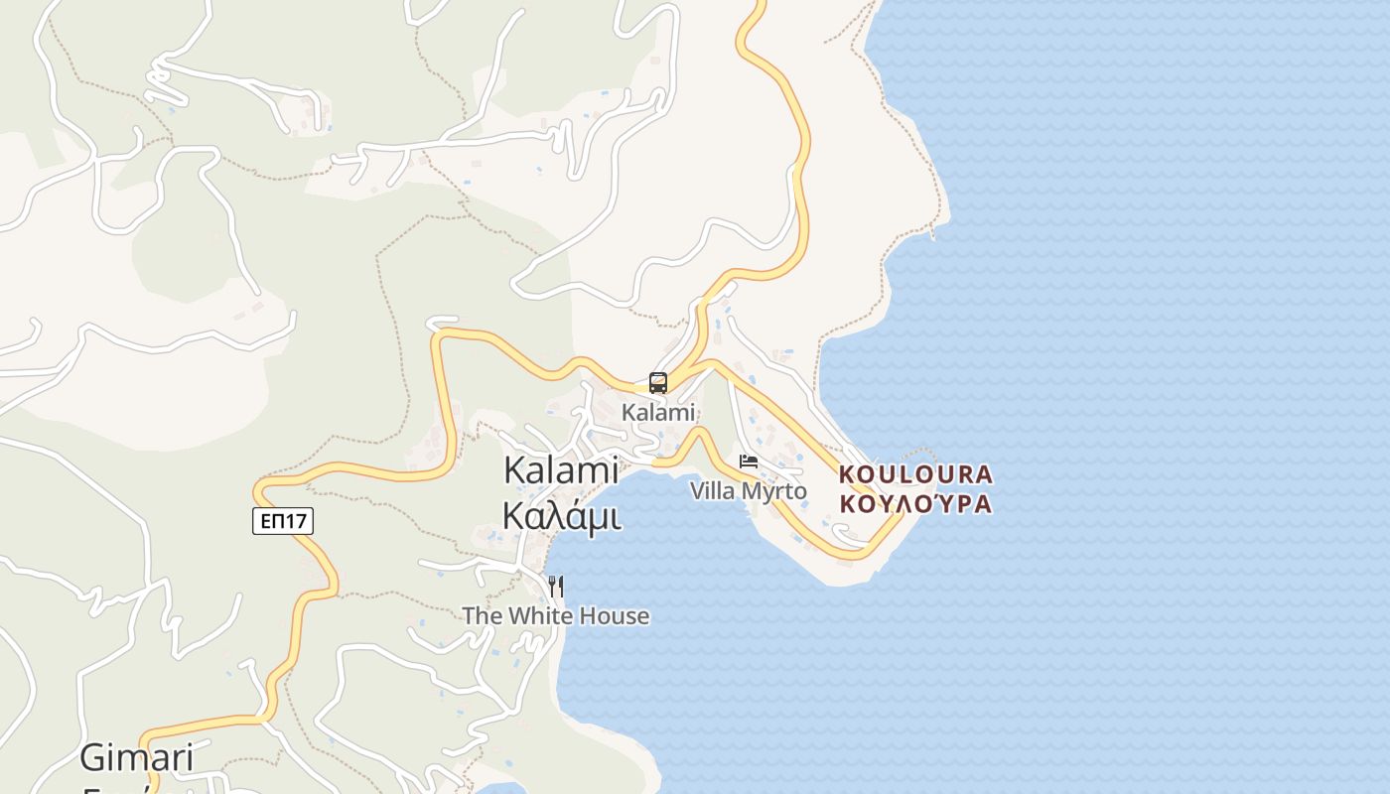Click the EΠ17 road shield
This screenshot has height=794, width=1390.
pos(283,521)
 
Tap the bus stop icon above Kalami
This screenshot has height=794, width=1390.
pos(657,382)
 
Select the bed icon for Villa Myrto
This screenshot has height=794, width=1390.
pos(749,462)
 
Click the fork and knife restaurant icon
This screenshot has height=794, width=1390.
pos(556,587)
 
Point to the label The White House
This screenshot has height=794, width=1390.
pos(556,616)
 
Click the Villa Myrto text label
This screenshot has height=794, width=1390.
pos(749,491)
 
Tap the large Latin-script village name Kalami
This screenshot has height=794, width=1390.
pos(562,470)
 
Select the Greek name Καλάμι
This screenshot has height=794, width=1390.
pos(562,516)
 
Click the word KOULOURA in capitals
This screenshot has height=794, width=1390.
pos(915,474)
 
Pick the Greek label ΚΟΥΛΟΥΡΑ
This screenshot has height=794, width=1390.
pos(915,504)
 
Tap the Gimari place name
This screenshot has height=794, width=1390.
pos(136,758)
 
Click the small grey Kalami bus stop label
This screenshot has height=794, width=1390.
pos(658,412)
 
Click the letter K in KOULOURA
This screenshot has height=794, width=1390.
pos(847,474)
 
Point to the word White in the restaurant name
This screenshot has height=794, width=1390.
pos(542,616)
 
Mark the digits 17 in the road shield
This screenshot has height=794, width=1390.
pos(297,521)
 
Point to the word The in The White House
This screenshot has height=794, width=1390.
pos(483,616)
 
